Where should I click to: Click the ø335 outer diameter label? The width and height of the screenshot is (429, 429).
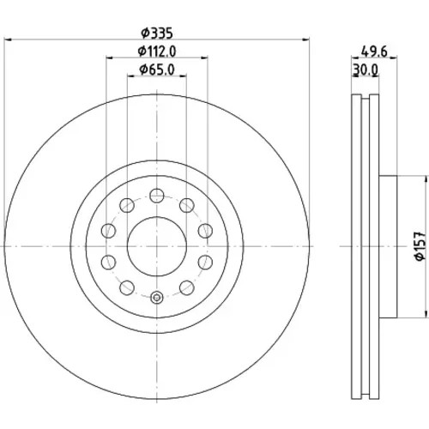point(157,33)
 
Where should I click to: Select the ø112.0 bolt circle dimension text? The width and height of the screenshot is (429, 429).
point(157,51)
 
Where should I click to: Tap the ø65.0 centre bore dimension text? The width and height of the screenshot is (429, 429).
point(157,69)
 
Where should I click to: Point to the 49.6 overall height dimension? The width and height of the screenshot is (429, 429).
point(374,52)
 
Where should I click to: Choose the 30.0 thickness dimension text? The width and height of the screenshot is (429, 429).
point(366,69)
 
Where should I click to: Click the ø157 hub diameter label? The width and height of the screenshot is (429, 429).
point(420,246)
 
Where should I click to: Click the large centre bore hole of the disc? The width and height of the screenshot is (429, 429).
point(157,246)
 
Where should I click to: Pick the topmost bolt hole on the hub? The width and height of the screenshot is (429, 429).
point(157,196)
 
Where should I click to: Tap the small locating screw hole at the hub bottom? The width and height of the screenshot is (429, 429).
point(157,297)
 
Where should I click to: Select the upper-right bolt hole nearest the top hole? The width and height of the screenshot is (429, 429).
point(187,205)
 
